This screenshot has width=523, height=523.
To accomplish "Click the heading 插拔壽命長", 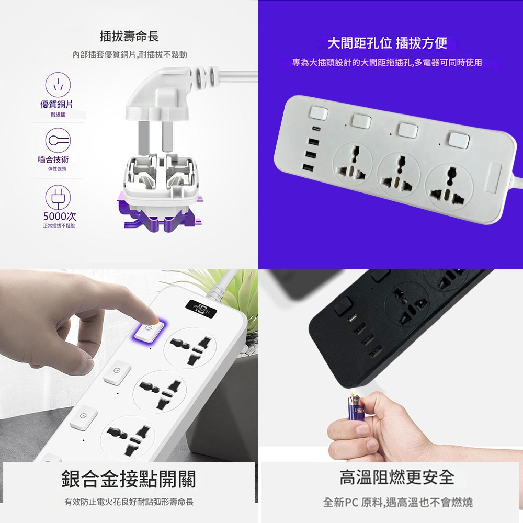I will (x=129, y=37).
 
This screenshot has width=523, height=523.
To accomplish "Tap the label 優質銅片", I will (x=56, y=105).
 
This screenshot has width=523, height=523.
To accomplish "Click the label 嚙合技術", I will (x=53, y=160).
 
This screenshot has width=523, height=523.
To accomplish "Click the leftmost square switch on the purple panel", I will (x=317, y=113).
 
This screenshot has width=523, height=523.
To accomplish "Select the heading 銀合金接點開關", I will (x=129, y=478).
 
